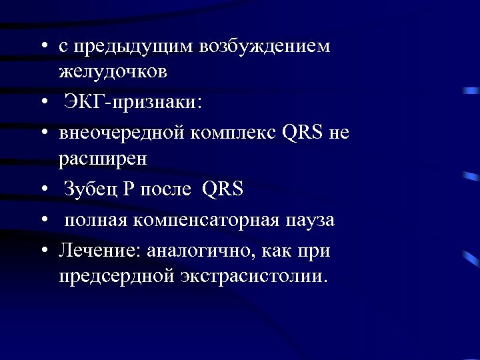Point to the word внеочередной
pyautogui.click(x=121, y=133)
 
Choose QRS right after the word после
pyautogui.click(x=223, y=190)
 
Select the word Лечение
pyautogui.click(x=93, y=251)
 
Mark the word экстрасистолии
pyautogui.click(x=254, y=275)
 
